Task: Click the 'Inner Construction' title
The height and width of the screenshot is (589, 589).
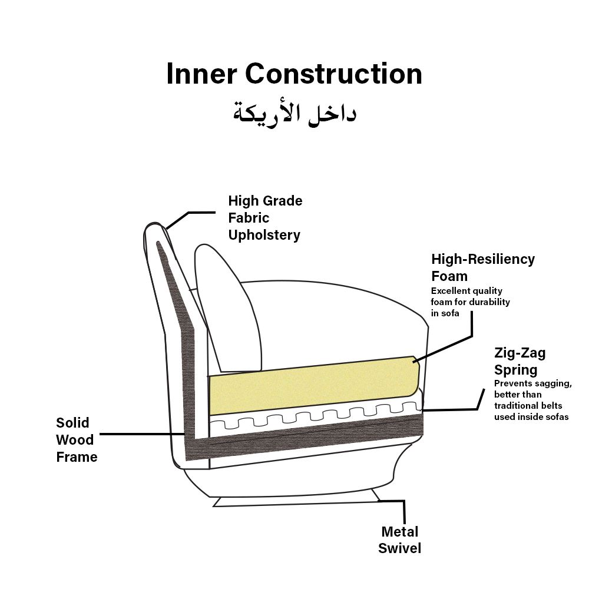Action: click(294, 74)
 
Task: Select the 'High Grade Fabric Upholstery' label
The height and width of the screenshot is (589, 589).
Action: click(265, 218)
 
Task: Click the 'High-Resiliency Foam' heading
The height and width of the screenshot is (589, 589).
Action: click(483, 267)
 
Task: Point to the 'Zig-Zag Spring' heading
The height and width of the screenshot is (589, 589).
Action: click(519, 362)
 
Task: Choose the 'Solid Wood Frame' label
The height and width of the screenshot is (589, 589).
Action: click(77, 440)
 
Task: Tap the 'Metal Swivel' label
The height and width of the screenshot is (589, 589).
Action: click(400, 540)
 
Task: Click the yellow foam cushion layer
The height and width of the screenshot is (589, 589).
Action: click(314, 385)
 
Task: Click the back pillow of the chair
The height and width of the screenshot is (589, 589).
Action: click(228, 308)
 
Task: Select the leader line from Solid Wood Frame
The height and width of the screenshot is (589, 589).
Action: click(143, 434)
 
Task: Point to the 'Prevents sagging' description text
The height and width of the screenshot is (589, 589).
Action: click(532, 400)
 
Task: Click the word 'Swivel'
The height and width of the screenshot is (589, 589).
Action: click(400, 548)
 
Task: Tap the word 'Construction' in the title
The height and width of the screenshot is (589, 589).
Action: click(333, 74)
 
